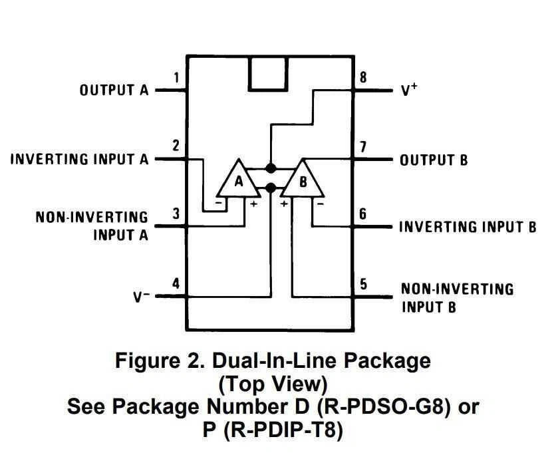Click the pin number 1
[x=176, y=78]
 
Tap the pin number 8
[x=363, y=77]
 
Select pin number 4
[x=176, y=283]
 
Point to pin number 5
[x=363, y=284]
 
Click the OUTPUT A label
[x=114, y=90]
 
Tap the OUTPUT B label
[x=433, y=160]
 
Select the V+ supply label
[x=408, y=90]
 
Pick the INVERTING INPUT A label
[x=79, y=160]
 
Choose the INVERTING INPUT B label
[x=467, y=228]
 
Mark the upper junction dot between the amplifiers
[x=271, y=168]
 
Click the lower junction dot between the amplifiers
[x=271, y=188]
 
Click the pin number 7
[x=363, y=147]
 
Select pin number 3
[x=176, y=214]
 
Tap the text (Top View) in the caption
[x=273, y=385]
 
